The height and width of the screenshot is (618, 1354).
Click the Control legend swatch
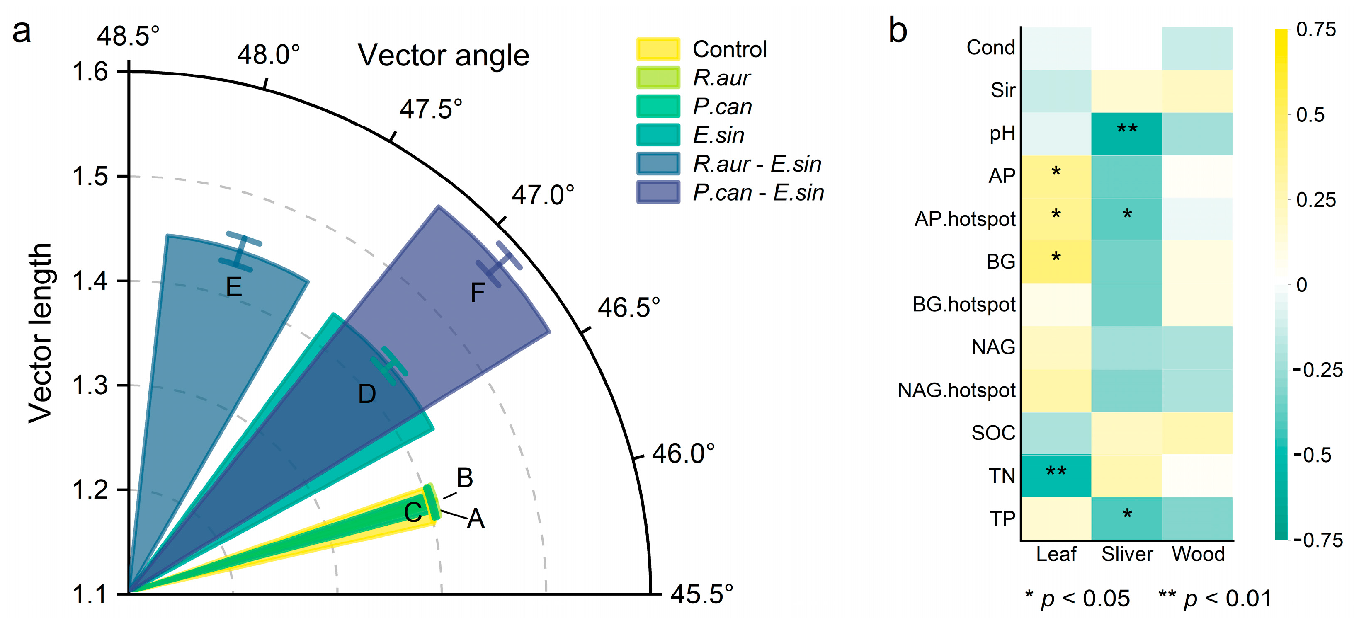click(x=658, y=49)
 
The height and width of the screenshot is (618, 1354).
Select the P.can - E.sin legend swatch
click(x=658, y=192)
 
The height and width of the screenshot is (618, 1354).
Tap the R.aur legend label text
click(x=721, y=78)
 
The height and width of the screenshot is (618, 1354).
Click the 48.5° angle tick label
click(x=128, y=36)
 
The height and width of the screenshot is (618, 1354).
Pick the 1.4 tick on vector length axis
click(x=90, y=281)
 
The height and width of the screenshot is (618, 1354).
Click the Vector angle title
click(x=443, y=55)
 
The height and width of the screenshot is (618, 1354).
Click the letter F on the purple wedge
click(x=477, y=293)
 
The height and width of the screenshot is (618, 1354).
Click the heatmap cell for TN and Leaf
click(x=1056, y=475)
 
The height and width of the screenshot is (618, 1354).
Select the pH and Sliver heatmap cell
click(x=1126, y=133)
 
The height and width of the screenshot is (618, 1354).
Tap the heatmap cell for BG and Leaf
click(x=1056, y=262)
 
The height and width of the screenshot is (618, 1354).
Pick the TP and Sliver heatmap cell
click(x=1126, y=519)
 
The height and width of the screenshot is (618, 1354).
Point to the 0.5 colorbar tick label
click(x=1310, y=115)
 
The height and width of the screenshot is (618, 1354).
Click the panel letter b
click(x=898, y=31)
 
